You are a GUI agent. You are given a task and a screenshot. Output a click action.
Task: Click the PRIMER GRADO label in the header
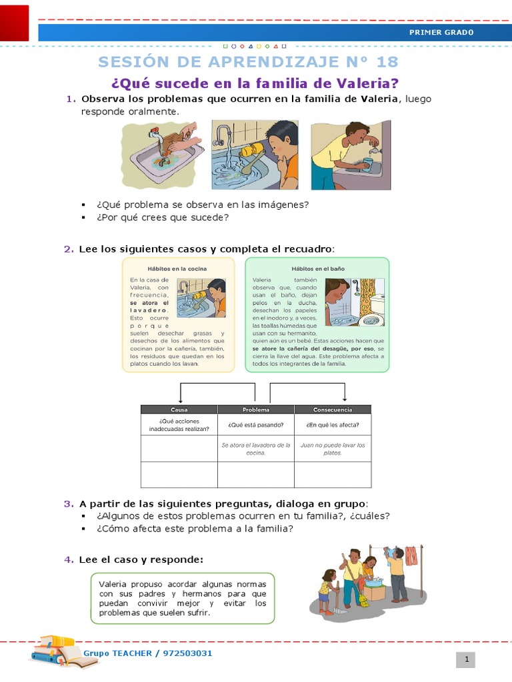(441, 32)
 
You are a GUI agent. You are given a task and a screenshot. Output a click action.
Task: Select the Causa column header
(179, 410)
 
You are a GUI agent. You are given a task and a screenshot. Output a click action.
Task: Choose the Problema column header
(255, 410)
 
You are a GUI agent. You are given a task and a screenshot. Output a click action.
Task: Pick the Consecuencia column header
(332, 410)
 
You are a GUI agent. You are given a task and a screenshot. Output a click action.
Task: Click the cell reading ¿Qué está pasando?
(255, 425)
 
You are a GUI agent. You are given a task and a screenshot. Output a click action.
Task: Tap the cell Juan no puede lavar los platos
(332, 449)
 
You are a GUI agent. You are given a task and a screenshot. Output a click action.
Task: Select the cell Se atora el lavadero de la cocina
(255, 449)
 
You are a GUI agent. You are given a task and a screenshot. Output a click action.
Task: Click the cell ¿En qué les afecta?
(332, 425)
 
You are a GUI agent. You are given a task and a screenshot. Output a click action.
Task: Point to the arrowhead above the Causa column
(180, 400)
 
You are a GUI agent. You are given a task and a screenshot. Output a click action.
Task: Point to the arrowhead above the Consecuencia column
(345, 398)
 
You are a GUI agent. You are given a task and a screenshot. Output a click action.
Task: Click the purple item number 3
(68, 504)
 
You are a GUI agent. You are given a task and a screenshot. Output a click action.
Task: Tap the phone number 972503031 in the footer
(187, 653)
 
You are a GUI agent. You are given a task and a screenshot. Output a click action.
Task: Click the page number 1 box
(467, 659)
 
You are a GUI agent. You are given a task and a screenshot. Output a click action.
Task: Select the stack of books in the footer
(54, 649)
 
